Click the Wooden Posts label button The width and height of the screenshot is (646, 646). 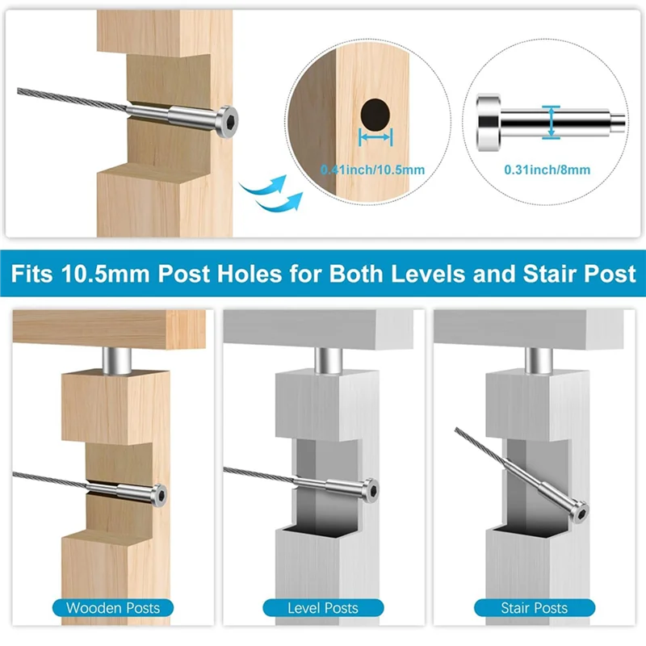112,607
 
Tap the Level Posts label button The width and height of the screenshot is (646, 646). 323,607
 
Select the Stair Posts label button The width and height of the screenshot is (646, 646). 535,607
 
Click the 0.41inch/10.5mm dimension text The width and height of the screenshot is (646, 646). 372,170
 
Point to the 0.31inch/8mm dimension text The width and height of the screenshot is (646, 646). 547,170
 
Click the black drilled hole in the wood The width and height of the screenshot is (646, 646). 375,114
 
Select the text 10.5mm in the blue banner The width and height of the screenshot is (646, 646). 99,273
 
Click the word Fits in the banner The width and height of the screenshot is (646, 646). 31,273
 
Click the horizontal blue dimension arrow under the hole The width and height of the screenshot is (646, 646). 375,140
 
